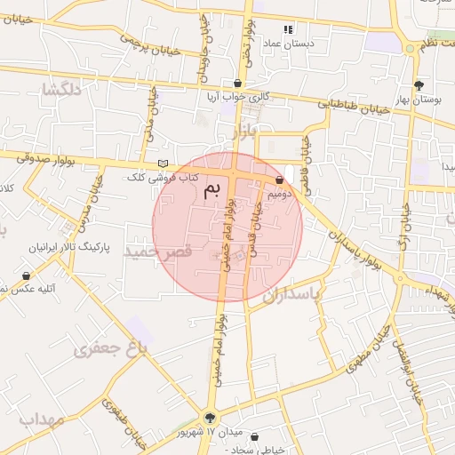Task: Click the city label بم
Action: tap(212, 189)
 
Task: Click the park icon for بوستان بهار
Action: tap(418, 85)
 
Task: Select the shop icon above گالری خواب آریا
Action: tap(237, 83)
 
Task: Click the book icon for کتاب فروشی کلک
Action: tap(162, 164)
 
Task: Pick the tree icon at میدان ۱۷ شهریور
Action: tap(211, 417)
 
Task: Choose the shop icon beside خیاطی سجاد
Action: tap(257, 438)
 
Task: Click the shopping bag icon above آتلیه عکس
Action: tap(26, 275)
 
